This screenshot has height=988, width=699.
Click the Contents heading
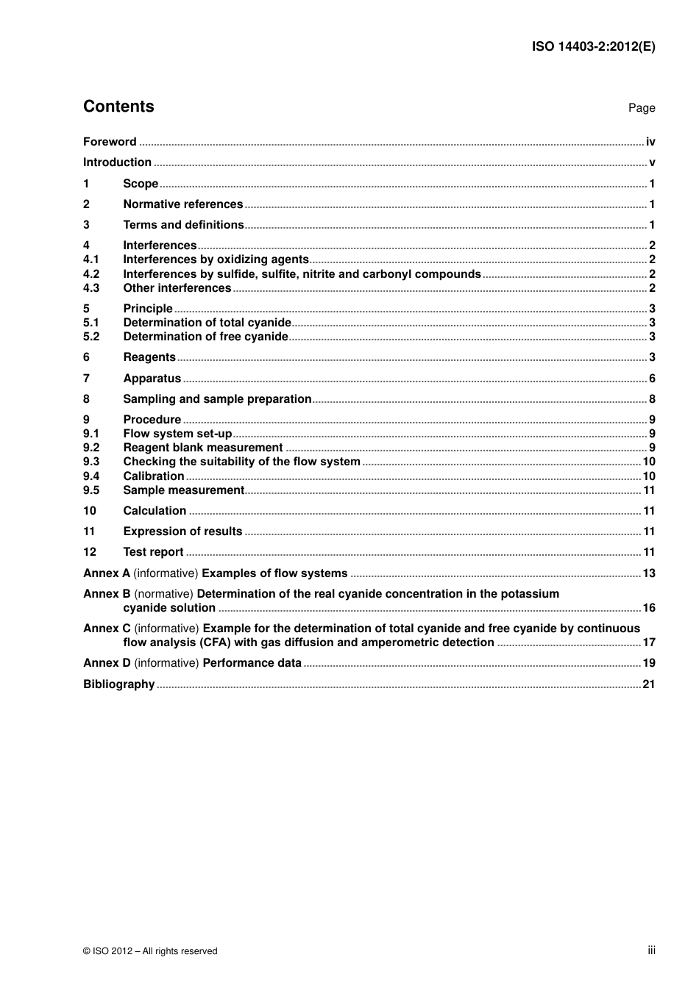click(x=118, y=107)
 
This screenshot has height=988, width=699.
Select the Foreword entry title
click(x=110, y=142)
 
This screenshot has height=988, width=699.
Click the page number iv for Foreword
click(x=650, y=142)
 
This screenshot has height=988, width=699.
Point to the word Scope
click(x=141, y=184)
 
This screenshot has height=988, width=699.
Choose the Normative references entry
click(x=182, y=204)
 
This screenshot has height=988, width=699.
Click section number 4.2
click(x=91, y=274)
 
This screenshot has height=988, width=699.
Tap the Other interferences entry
click(x=177, y=288)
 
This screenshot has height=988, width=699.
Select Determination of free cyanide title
click(x=205, y=337)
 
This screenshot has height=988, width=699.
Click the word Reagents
click(x=149, y=357)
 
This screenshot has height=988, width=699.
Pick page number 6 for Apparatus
click(x=652, y=379)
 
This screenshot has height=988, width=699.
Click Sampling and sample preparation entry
click(x=217, y=399)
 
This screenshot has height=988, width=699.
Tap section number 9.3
click(x=91, y=462)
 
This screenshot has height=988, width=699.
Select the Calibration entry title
click(x=153, y=476)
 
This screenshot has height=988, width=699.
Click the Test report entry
click(x=153, y=552)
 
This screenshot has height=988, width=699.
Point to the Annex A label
click(x=107, y=573)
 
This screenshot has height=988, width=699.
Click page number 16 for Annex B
click(x=649, y=608)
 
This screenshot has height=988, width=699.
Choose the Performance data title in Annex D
click(x=252, y=663)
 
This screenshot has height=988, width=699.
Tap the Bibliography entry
click(x=118, y=684)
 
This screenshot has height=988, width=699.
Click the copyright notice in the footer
click(x=150, y=951)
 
